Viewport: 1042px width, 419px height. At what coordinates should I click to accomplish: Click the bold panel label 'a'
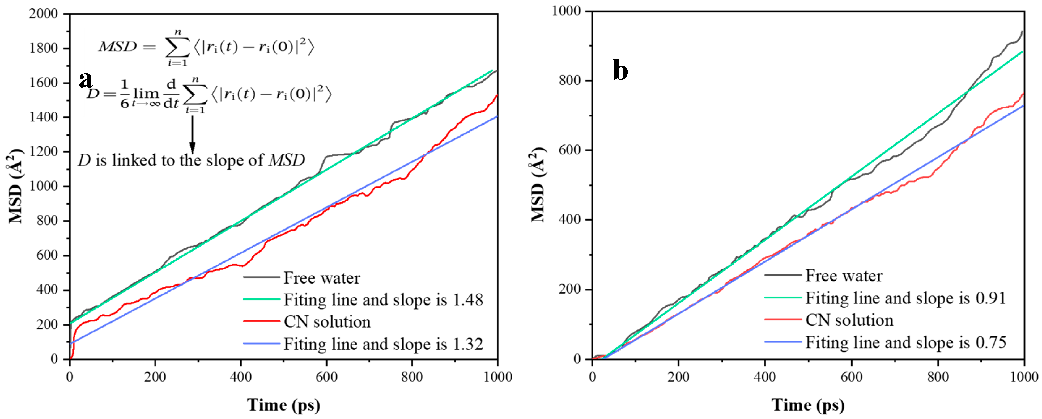point(86,80)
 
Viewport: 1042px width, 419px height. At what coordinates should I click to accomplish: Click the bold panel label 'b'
point(620,70)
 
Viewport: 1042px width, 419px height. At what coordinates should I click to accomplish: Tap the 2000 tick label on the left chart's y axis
point(43,14)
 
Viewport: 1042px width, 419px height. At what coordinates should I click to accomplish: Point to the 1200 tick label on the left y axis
point(43,152)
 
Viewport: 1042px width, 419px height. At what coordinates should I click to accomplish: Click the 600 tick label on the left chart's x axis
point(326,377)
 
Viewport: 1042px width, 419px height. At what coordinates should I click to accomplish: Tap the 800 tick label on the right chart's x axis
point(938,377)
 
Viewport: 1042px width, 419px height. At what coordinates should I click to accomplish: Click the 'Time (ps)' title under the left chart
point(283,405)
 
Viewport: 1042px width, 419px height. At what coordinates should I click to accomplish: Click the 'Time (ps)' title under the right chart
point(808,405)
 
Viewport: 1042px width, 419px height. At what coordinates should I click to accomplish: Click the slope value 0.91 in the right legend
point(991,298)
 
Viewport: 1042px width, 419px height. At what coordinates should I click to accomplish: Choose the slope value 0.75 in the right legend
point(991,343)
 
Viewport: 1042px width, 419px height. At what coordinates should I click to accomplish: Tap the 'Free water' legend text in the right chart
point(844,276)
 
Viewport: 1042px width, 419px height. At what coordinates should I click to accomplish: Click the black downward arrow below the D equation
point(193,133)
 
